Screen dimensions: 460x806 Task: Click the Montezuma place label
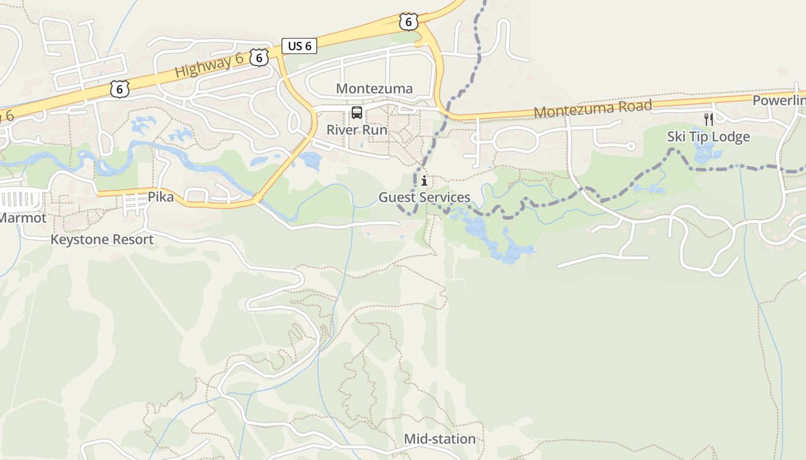374,89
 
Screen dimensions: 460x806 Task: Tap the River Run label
357,129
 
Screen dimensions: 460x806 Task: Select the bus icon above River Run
357,113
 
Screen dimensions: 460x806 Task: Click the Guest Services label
424,197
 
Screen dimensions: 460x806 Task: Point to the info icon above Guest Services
424,181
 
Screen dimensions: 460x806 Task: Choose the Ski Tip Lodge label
708,136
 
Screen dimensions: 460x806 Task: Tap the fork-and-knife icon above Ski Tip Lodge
709,120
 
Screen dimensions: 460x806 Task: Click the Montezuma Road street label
593,108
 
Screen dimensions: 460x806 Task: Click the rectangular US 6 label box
299,46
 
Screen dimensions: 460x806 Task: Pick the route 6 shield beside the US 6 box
260,57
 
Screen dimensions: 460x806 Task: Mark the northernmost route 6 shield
408,22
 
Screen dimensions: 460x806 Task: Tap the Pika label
161,197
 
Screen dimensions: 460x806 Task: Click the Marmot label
22,218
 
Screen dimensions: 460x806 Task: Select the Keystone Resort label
102,239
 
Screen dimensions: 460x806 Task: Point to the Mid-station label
439,439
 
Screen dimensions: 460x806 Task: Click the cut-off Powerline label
778,101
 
